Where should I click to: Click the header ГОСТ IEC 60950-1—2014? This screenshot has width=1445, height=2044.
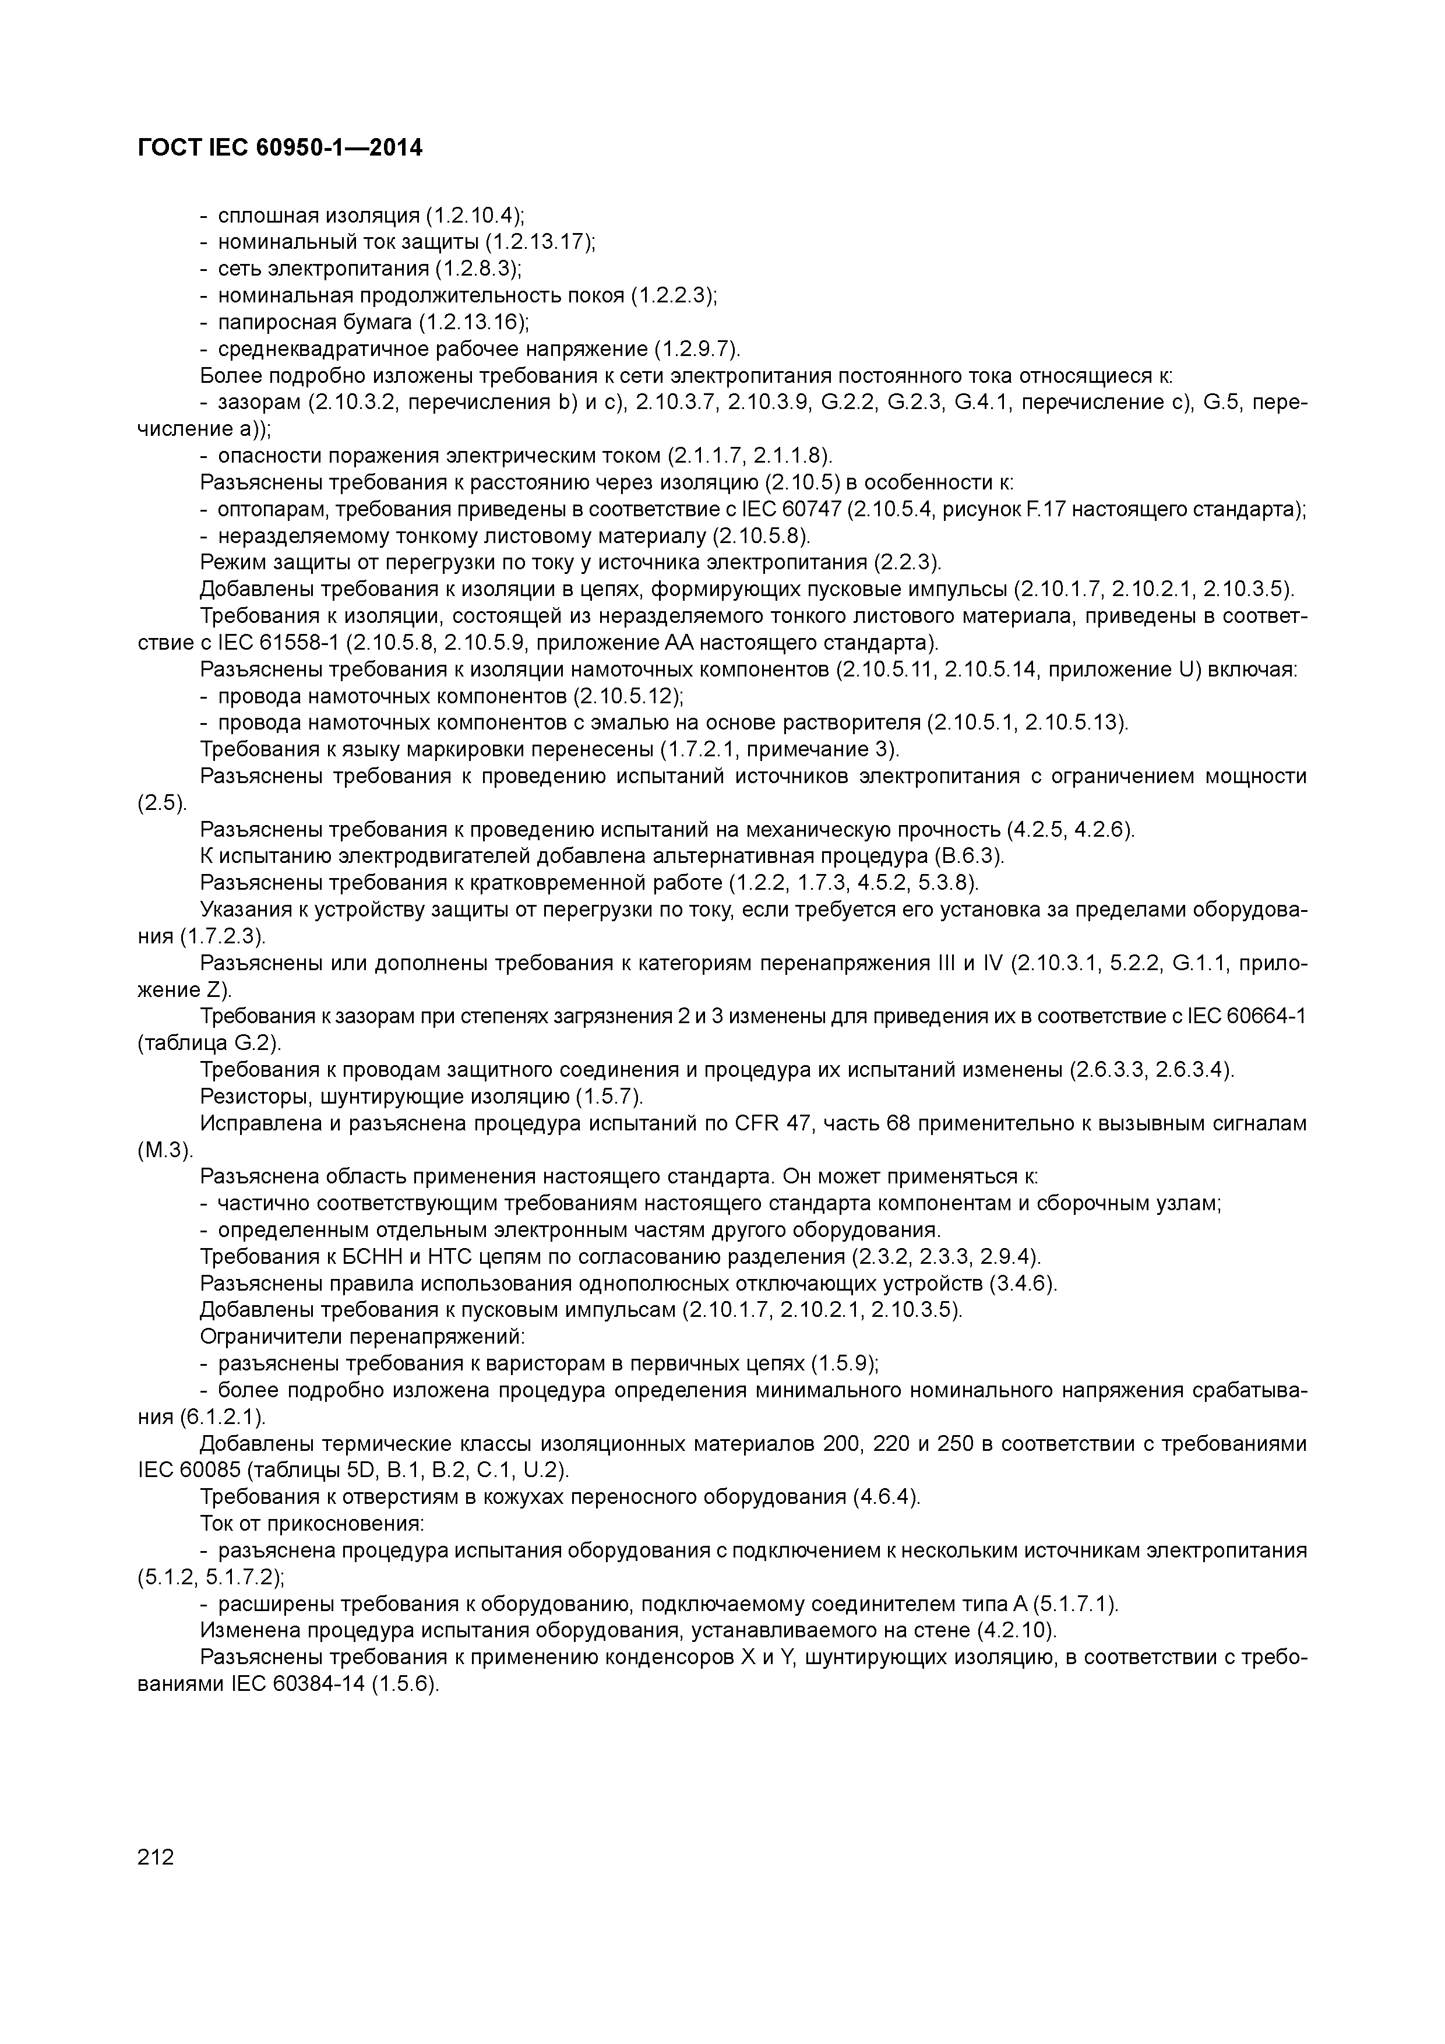[280, 148]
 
